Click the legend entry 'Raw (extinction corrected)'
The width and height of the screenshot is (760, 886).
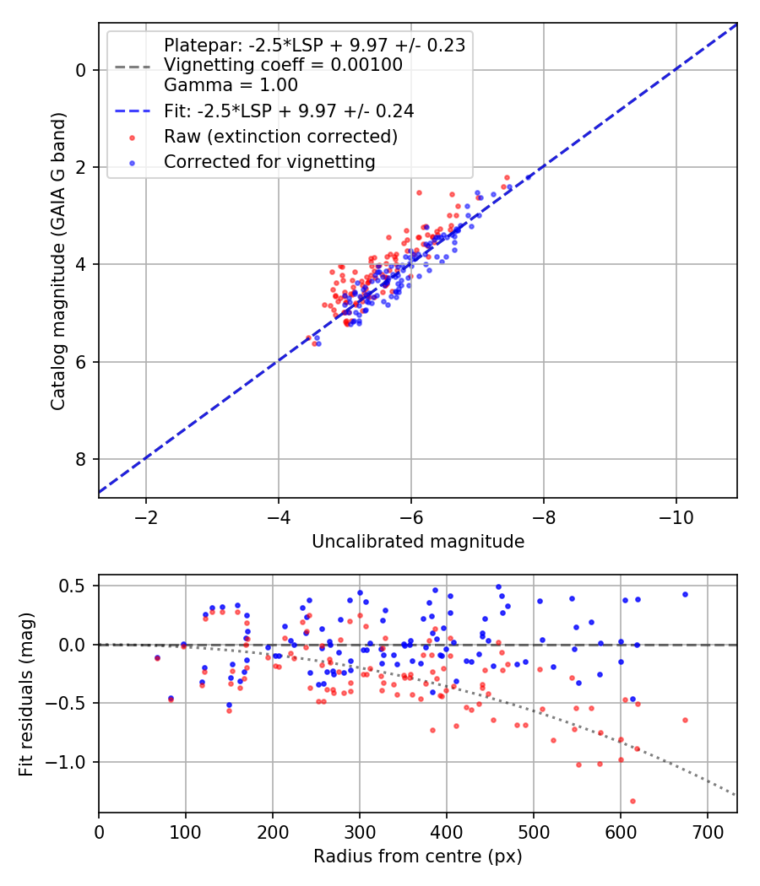(280, 136)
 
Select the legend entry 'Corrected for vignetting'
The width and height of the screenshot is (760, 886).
(269, 161)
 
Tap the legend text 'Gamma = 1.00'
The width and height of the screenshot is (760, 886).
(231, 84)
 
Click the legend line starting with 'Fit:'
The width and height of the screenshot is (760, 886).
(289, 111)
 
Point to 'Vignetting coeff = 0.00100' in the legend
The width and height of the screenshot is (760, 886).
(283, 65)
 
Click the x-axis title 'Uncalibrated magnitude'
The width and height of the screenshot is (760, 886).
(418, 542)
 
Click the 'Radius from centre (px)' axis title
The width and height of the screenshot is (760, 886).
(418, 856)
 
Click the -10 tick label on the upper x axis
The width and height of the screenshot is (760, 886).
(676, 515)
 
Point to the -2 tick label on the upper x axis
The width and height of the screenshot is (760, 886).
(146, 515)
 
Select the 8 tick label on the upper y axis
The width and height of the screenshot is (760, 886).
(82, 459)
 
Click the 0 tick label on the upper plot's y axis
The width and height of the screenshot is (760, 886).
(82, 70)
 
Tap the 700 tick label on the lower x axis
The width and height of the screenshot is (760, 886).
(708, 830)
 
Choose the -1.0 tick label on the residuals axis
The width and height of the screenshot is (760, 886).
(71, 762)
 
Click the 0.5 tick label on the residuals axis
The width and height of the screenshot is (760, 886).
(77, 586)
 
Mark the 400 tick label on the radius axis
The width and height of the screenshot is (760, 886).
(447, 830)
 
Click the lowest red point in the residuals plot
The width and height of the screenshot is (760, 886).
(632, 801)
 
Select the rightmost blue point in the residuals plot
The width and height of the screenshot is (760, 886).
(685, 594)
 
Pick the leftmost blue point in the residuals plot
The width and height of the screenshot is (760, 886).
(157, 657)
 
